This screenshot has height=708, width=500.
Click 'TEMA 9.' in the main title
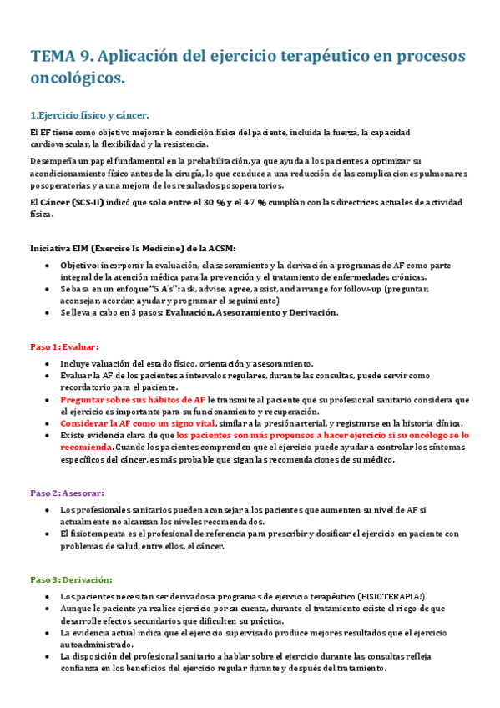coord(62,57)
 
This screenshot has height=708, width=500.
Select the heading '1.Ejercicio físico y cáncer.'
coord(89,115)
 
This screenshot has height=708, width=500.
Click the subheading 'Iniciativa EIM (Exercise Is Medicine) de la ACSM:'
coord(133,249)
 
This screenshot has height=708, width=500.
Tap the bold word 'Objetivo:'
coord(79,265)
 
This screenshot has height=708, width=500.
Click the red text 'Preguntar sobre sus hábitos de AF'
coord(133,400)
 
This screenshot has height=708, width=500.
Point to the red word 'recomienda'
coord(87,447)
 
